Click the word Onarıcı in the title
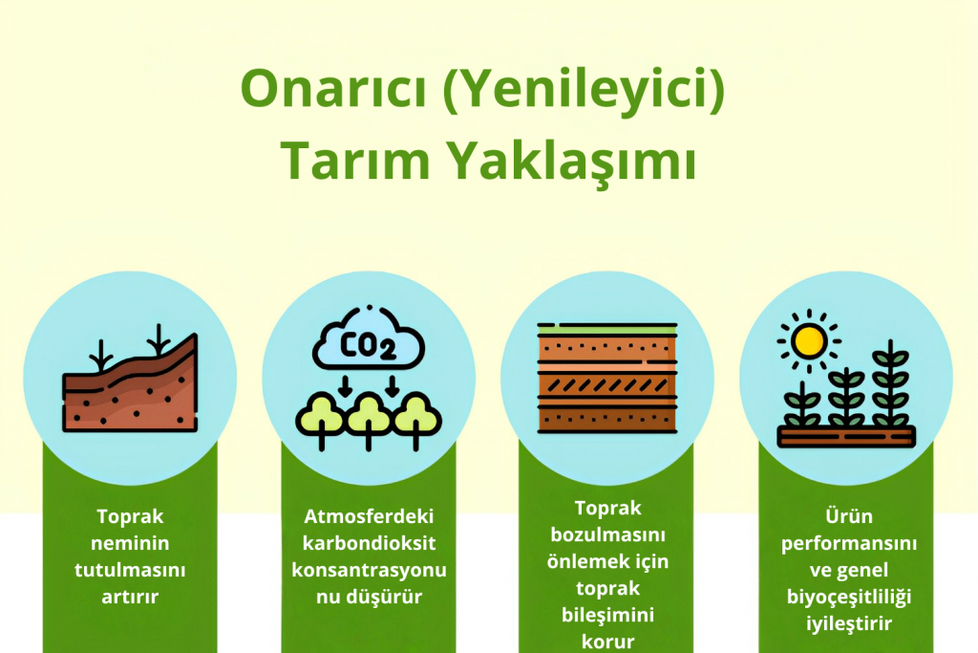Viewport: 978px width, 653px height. tap(333, 89)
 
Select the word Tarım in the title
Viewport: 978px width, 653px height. tap(355, 160)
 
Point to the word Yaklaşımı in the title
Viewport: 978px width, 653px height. tap(573, 162)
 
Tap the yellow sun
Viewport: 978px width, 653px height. tap(809, 341)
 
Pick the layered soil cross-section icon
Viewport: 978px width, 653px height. tap(607, 378)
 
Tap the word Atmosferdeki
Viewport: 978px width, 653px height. tap(369, 516)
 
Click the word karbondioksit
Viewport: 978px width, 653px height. tap(369, 542)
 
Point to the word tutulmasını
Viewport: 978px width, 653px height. tap(130, 570)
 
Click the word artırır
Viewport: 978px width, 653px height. tap(130, 597)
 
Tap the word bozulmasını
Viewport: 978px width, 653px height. tap(607, 534)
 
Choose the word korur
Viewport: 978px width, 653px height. tap(607, 642)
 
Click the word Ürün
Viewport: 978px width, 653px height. tap(849, 515)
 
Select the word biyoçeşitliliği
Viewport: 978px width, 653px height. tap(849, 597)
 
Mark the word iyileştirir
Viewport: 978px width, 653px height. tap(849, 623)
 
